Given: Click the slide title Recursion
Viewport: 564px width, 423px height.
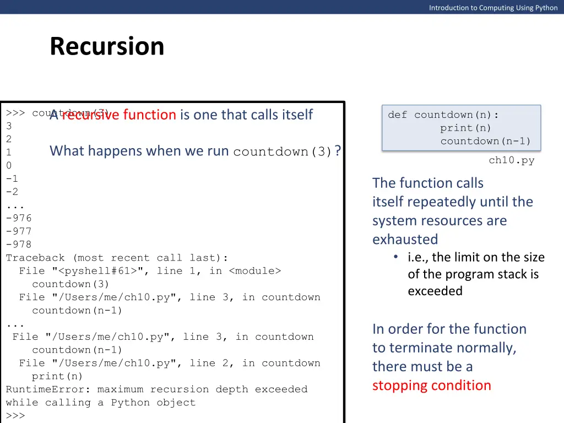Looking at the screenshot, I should tap(107, 46).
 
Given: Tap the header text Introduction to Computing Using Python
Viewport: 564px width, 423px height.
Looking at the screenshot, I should tap(493, 8).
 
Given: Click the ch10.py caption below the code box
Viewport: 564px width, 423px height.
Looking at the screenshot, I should tap(511, 161).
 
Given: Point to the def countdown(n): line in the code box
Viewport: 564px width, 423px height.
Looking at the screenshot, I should tap(443, 115).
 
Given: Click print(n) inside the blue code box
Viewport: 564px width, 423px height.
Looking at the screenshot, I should tap(465, 128).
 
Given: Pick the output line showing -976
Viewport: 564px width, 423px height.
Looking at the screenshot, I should tap(19, 218).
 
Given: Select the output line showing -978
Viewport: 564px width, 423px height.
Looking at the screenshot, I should tap(19, 245).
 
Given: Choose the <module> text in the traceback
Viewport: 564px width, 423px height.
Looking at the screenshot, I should tap(254, 271).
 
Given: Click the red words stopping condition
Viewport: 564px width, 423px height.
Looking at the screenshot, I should tap(431, 386).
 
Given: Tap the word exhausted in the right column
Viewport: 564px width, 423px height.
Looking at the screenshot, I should tap(405, 240).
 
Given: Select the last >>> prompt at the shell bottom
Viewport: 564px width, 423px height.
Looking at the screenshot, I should tap(15, 416).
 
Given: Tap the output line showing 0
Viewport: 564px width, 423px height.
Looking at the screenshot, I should tap(9, 165).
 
